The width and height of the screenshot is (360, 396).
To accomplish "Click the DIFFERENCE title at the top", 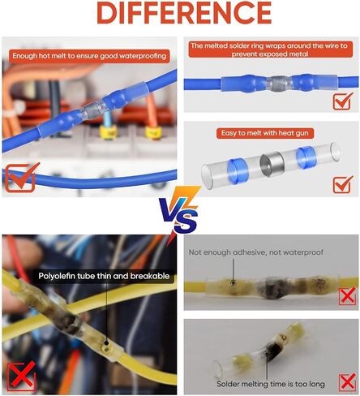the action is point(184,13).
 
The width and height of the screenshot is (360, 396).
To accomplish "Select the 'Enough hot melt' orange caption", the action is point(89,56).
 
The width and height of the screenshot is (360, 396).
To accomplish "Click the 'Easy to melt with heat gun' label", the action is point(265,133).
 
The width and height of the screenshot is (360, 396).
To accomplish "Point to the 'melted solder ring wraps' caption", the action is point(269,49).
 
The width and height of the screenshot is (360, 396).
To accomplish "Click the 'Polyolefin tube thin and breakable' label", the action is point(104,276).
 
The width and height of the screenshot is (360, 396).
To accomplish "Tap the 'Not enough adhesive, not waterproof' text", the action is point(256,252).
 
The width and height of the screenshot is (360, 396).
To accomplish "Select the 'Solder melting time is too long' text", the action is point(271,384).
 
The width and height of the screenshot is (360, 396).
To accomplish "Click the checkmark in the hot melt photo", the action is point(22,178).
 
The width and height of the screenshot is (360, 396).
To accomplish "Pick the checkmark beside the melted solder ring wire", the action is point(343,101).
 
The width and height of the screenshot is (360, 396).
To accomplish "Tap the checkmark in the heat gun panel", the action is point(343,184).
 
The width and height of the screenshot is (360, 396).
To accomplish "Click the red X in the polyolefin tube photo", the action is point(21,377).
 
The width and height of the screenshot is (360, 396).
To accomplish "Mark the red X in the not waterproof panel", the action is point(347,296).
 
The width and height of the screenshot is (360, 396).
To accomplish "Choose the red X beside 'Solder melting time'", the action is point(347,382).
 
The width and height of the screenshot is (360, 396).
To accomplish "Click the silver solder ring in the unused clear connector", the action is point(271,165).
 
